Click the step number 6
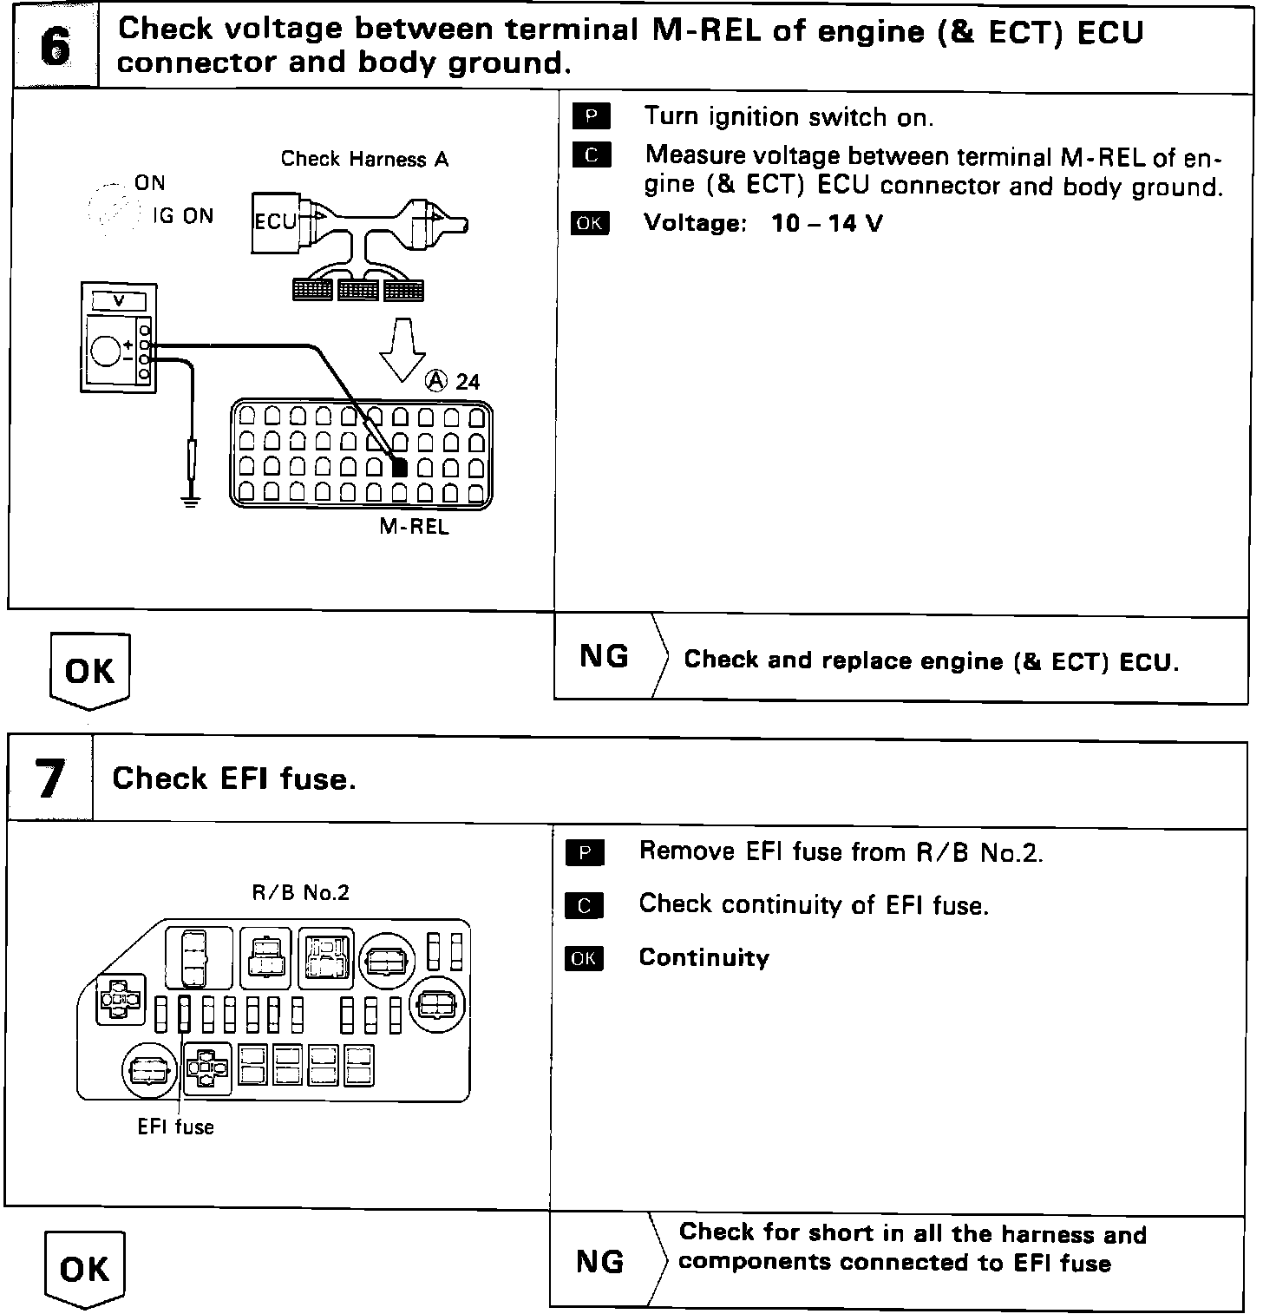click(55, 48)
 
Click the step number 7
click(50, 778)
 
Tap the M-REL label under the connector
click(415, 527)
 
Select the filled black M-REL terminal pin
click(399, 467)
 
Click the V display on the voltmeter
click(119, 300)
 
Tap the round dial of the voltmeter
click(106, 351)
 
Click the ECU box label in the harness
click(275, 221)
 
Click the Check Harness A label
click(364, 160)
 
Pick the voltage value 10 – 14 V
click(827, 224)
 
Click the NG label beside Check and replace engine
click(604, 657)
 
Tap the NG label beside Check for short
click(600, 1261)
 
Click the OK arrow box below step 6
click(89, 671)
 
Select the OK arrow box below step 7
click(84, 1270)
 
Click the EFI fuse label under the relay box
click(175, 1127)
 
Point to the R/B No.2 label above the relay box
click(300, 893)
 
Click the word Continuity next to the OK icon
click(703, 958)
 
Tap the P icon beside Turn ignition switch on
click(592, 116)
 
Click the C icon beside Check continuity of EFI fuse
click(584, 905)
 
